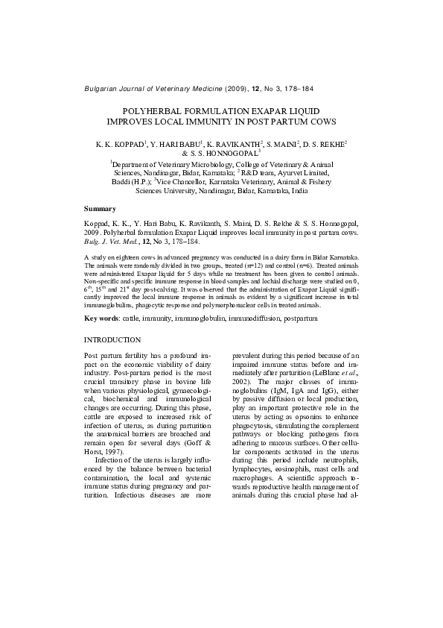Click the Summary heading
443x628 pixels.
100,208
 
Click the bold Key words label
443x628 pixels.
101,319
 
